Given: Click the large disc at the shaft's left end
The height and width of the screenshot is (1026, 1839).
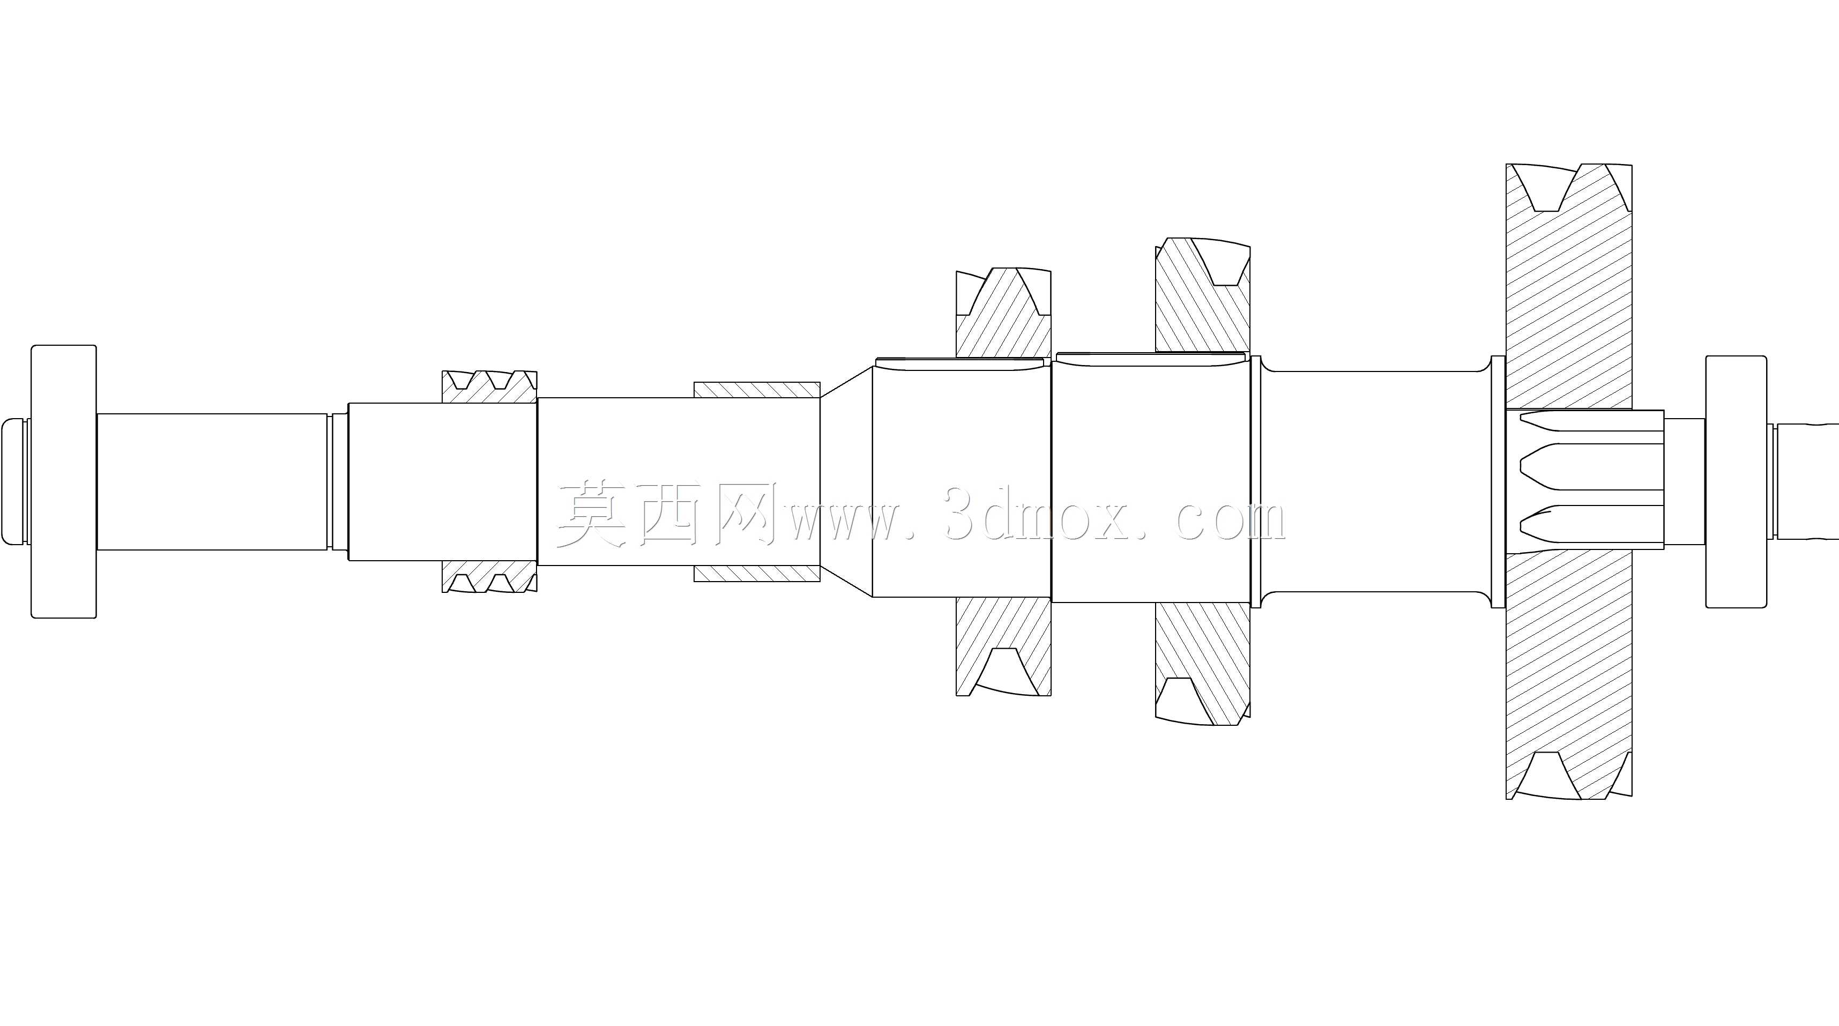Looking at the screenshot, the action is [64, 481].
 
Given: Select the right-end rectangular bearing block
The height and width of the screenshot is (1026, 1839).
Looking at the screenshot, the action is [1736, 482].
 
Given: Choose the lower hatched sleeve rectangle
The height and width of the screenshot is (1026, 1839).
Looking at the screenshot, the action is [757, 574].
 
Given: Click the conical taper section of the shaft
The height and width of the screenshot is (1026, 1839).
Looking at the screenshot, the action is [847, 482].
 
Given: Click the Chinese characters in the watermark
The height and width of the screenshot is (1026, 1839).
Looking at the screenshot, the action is [667, 512].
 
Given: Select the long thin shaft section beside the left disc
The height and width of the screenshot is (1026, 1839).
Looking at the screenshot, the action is [213, 482].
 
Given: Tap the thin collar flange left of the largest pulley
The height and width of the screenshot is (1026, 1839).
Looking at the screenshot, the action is [1499, 482].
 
